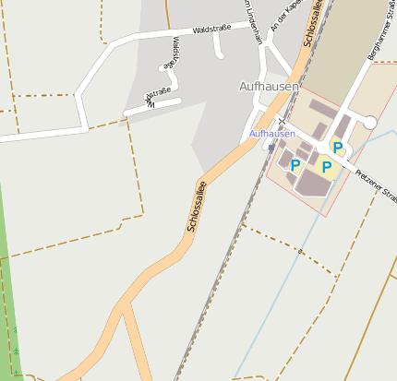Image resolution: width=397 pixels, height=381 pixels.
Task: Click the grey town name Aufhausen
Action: point(269,86)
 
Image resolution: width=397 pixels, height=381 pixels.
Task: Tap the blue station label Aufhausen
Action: point(272,134)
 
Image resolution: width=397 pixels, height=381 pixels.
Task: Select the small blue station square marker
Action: point(271,146)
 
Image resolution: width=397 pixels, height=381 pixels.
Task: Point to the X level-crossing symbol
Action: point(280,120)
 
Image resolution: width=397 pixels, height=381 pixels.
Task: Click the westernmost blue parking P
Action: point(295,165)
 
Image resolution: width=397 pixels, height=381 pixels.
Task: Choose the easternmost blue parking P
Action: point(338,147)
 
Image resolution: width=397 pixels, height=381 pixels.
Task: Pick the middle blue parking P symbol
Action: point(326,167)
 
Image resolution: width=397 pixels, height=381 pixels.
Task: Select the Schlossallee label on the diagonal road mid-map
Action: point(196,207)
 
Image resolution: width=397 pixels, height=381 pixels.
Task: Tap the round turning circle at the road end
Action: point(369,122)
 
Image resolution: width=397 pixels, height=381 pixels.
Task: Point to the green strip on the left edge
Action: point(8,277)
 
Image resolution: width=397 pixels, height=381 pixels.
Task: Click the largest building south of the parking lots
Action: point(313,184)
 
